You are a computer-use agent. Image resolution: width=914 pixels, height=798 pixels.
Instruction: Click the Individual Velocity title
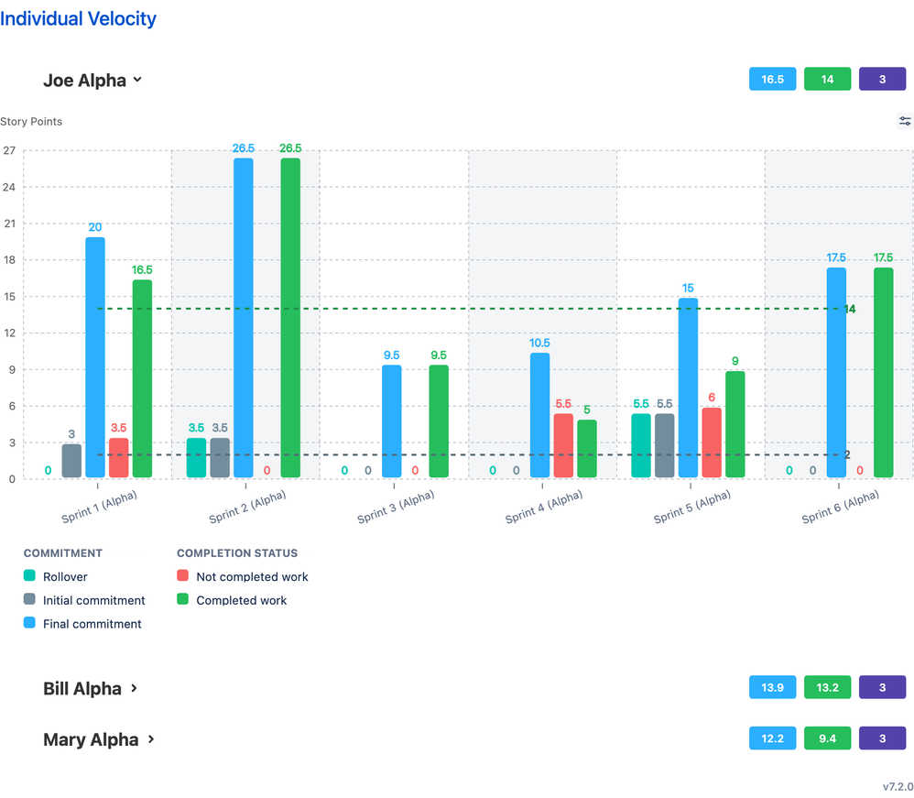click(x=79, y=18)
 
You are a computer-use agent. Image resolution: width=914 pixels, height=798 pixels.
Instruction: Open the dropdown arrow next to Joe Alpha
click(x=137, y=80)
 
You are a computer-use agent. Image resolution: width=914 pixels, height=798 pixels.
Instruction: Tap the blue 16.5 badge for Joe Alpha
click(x=772, y=80)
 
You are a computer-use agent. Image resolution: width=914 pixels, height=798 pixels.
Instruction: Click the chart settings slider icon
click(x=905, y=121)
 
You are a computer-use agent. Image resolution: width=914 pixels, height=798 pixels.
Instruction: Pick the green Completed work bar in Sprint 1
click(x=142, y=378)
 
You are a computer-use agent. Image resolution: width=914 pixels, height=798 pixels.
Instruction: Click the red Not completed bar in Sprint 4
click(x=563, y=445)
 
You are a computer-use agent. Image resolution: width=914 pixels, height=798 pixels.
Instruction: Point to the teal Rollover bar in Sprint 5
click(x=641, y=445)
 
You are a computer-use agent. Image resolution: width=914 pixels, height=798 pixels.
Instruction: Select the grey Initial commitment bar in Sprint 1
click(x=71, y=461)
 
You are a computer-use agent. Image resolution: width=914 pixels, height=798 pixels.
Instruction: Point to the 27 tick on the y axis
click(x=9, y=151)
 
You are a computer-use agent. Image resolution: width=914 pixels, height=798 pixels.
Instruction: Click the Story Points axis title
click(x=31, y=121)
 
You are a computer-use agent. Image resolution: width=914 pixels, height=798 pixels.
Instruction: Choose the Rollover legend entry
click(x=64, y=577)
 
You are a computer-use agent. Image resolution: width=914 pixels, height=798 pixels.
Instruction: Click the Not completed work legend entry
click(x=252, y=577)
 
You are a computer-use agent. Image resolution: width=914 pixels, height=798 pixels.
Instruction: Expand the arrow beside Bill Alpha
click(x=135, y=687)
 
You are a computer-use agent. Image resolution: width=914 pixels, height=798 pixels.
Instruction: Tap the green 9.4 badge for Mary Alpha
click(x=827, y=738)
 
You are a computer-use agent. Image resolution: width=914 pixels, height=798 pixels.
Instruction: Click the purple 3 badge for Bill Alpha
click(x=882, y=687)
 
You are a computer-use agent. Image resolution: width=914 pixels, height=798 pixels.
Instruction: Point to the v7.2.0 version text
click(x=898, y=786)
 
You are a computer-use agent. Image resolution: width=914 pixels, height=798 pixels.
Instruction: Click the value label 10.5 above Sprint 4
click(x=540, y=344)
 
